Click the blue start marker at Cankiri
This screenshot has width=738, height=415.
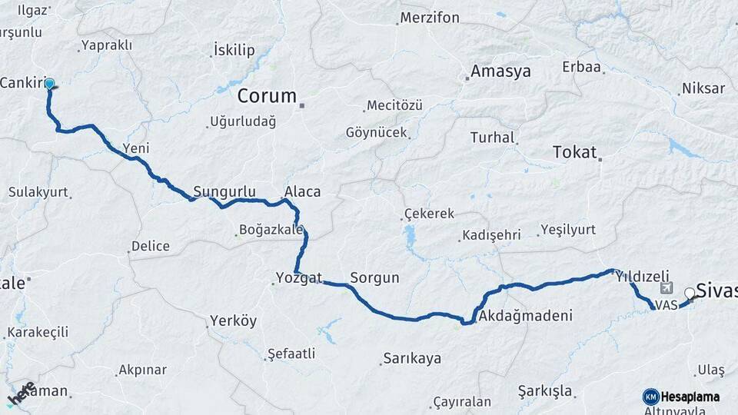pyautogui.click(x=49, y=84)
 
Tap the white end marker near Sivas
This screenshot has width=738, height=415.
pyautogui.click(x=690, y=292)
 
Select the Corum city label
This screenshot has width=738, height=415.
pyautogui.click(x=267, y=96)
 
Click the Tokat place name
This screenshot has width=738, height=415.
pyautogui.click(x=574, y=152)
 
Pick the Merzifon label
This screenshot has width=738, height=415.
pyautogui.click(x=430, y=18)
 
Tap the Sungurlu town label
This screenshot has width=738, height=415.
pyautogui.click(x=223, y=191)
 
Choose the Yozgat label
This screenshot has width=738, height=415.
pyautogui.click(x=299, y=278)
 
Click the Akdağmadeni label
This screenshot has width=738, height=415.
pyautogui.click(x=525, y=316)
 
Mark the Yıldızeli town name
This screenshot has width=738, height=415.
pyautogui.click(x=643, y=277)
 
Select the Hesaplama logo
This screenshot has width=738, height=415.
pyautogui.click(x=681, y=397)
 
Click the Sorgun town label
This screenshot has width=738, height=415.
pyautogui.click(x=374, y=278)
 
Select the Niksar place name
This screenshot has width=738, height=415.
pyautogui.click(x=703, y=89)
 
